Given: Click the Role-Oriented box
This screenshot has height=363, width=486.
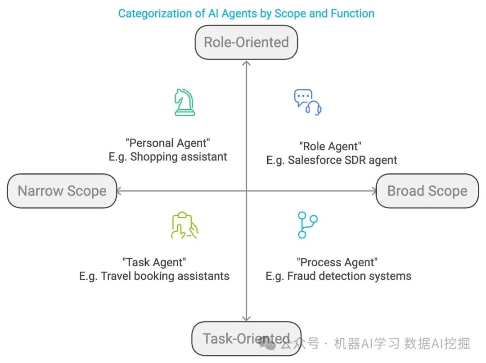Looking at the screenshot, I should click(246, 42).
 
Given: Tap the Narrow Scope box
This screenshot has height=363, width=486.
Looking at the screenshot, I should click(62, 191).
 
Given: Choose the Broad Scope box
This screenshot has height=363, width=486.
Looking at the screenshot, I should click(427, 191).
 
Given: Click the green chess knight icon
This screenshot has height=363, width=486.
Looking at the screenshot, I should click(184, 103).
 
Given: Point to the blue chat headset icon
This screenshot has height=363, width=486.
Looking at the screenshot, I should click(308, 102).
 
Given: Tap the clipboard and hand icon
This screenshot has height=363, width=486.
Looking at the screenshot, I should click(184, 225).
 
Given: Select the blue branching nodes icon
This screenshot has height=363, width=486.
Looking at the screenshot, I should click(308, 225).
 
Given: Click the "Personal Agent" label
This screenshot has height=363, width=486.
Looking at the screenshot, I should click(168, 143).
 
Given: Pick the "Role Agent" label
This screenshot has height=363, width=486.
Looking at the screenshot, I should click(331, 146).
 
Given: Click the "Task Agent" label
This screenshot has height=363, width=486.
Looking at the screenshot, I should click(154, 262).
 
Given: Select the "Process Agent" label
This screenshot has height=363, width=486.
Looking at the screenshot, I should click(337, 262).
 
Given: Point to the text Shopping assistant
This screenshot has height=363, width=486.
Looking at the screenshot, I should click(179, 157).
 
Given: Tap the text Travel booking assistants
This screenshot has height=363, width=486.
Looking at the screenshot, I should click(165, 276).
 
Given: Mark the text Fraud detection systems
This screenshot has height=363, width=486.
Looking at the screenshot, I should click(349, 276).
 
